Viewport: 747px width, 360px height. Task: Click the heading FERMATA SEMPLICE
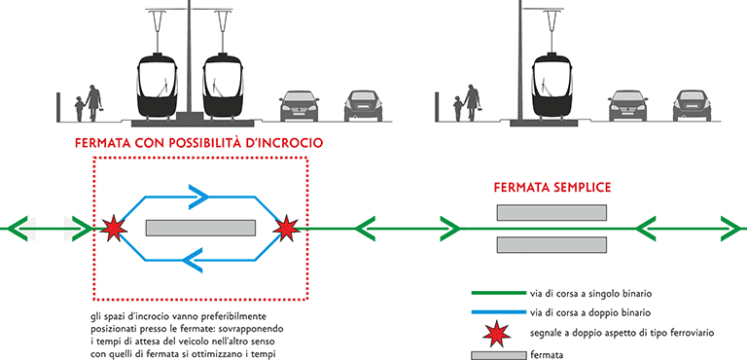(552, 188)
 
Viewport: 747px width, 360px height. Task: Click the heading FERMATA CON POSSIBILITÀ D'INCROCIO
(198, 143)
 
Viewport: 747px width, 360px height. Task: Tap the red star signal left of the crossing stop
(114, 228)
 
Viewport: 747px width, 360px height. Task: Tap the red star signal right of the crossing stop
(286, 228)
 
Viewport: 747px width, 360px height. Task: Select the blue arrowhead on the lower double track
(194, 261)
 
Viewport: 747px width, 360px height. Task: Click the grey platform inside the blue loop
(200, 228)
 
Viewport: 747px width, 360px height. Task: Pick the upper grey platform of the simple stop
(551, 213)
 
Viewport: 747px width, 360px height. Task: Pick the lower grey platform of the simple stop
(551, 244)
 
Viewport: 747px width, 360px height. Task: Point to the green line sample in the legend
(498, 294)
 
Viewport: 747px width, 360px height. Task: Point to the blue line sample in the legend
(498, 312)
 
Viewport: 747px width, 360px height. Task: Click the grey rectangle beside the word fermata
(498, 356)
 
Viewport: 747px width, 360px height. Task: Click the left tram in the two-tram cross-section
(158, 87)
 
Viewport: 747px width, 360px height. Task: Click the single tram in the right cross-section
(552, 87)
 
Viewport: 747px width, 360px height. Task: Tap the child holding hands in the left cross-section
(79, 109)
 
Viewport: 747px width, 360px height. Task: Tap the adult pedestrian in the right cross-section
(472, 102)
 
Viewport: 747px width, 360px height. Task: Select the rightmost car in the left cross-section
(364, 106)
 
